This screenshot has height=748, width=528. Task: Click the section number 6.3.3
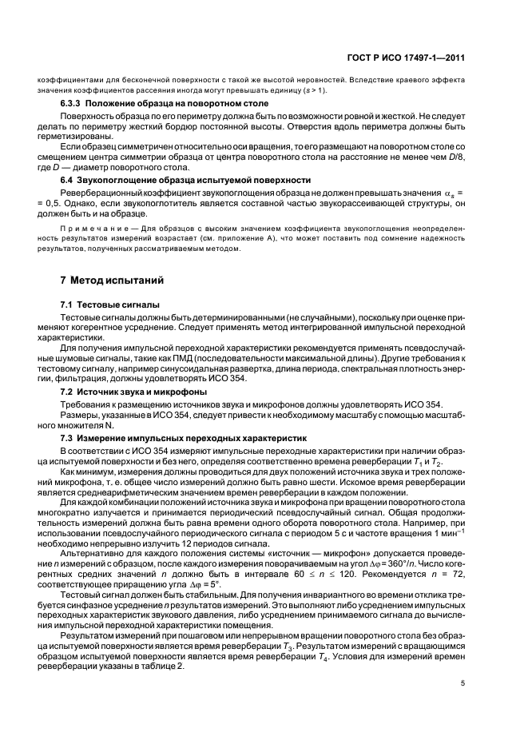tap(74, 105)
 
